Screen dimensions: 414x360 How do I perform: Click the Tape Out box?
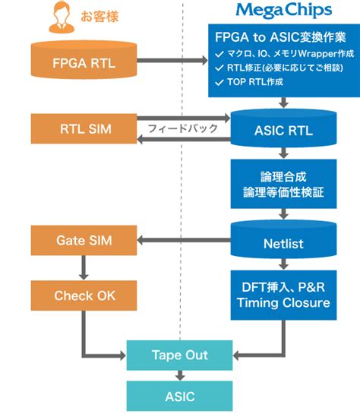[x=180, y=355]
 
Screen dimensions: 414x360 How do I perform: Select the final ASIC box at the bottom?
[x=180, y=396]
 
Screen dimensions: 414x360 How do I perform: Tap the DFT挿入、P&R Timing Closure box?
[x=283, y=294]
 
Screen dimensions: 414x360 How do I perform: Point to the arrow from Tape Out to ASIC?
[x=180, y=374]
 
